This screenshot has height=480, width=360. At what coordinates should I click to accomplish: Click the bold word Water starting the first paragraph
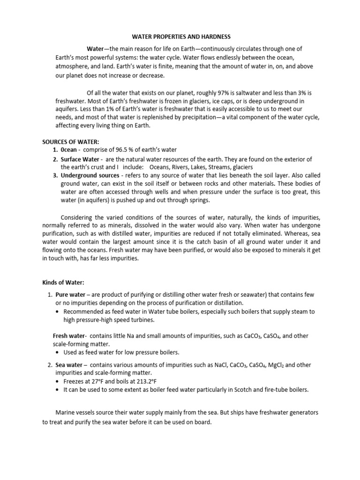pyautogui.click(x=97, y=49)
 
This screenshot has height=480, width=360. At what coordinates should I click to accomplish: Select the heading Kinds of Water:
pyautogui.click(x=63, y=282)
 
